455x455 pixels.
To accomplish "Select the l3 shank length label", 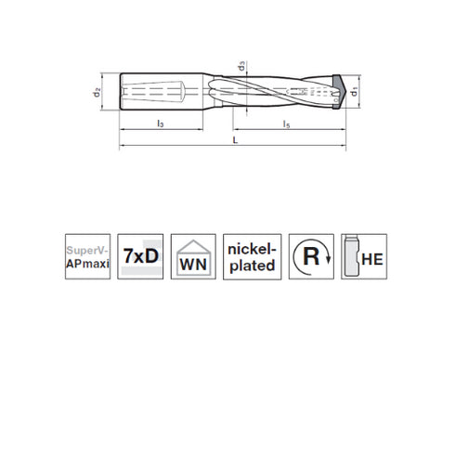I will pos(161,123).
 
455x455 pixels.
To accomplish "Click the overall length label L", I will pos(233,138).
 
